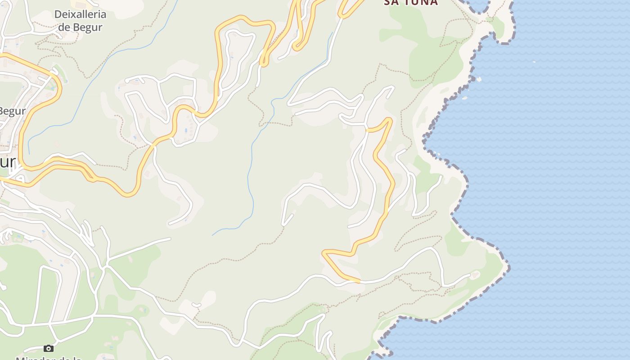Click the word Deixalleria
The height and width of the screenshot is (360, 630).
[80, 14]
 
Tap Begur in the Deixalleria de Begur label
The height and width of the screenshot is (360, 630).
[86, 27]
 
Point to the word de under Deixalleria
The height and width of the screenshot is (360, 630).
[64, 27]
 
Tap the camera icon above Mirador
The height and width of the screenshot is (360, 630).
[49, 348]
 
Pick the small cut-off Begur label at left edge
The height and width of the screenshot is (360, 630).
[12, 111]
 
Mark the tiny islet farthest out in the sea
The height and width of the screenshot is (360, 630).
[534, 62]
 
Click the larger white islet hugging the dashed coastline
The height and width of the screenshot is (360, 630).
[478, 80]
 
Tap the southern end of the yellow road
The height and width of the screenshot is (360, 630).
[359, 281]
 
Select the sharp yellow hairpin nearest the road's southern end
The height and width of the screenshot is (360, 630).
[325, 254]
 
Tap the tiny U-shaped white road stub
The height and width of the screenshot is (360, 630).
[196, 305]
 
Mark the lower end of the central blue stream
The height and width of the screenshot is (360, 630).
[213, 235]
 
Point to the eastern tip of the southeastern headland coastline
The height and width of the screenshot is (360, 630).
[509, 268]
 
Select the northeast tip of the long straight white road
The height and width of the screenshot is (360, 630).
[170, 238]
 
